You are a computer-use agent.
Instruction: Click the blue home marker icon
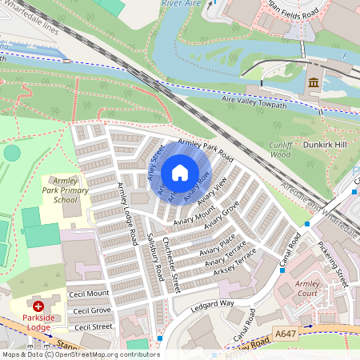pos(180,173)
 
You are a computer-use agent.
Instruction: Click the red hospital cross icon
pos(38,306)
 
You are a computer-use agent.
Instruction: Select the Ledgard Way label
pos(212,305)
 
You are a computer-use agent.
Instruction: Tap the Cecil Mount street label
pos(89,294)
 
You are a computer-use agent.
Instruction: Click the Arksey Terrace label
pos(235,264)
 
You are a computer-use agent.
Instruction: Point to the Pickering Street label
pos(333,263)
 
